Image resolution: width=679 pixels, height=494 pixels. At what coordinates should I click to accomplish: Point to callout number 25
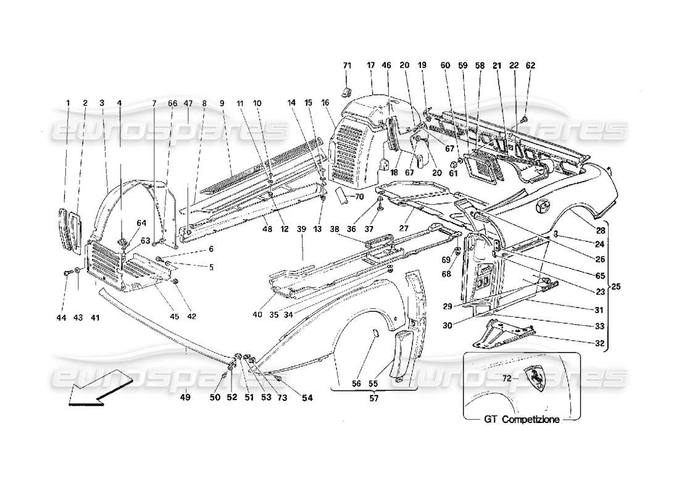pos(617,287)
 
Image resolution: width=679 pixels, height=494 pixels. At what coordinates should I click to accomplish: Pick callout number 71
pos(347,65)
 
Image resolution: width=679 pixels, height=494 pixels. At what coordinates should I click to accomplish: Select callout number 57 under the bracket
pos(374,398)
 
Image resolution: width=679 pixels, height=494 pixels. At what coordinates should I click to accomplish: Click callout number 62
pos(531,65)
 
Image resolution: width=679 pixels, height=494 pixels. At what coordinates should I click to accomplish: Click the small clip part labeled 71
pos(348,91)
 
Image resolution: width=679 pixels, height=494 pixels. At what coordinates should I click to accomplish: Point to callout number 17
pos(371,65)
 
